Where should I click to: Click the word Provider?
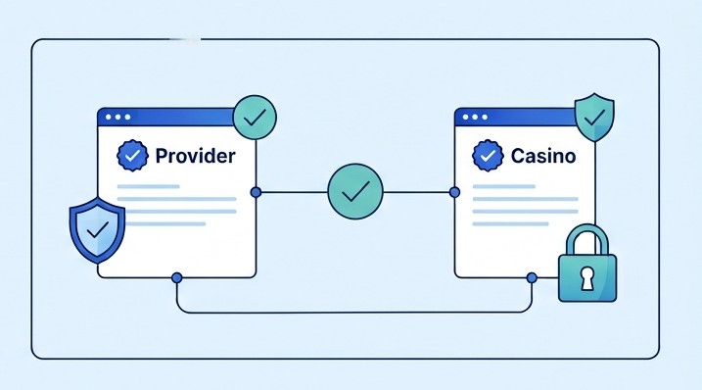coord(195,156)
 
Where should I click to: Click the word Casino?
coord(543,156)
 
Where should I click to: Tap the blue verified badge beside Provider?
coord(132,156)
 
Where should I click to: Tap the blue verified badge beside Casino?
coord(488,156)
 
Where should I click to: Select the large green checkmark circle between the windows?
coord(355,191)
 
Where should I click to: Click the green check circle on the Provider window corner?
coord(255,118)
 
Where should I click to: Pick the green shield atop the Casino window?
coord(594,118)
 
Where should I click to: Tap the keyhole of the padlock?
coord(586,278)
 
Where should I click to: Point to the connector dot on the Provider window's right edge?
coord(256,192)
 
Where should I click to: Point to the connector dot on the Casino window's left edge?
coord(454,192)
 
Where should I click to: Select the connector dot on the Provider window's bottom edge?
coord(177,278)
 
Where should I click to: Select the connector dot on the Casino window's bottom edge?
coord(532,278)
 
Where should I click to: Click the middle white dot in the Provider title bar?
coord(117,117)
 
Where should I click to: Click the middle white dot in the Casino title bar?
coord(475,117)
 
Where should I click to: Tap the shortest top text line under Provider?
coord(148,186)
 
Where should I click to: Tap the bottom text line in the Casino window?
coord(510,223)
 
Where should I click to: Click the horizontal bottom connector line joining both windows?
coord(354,312)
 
